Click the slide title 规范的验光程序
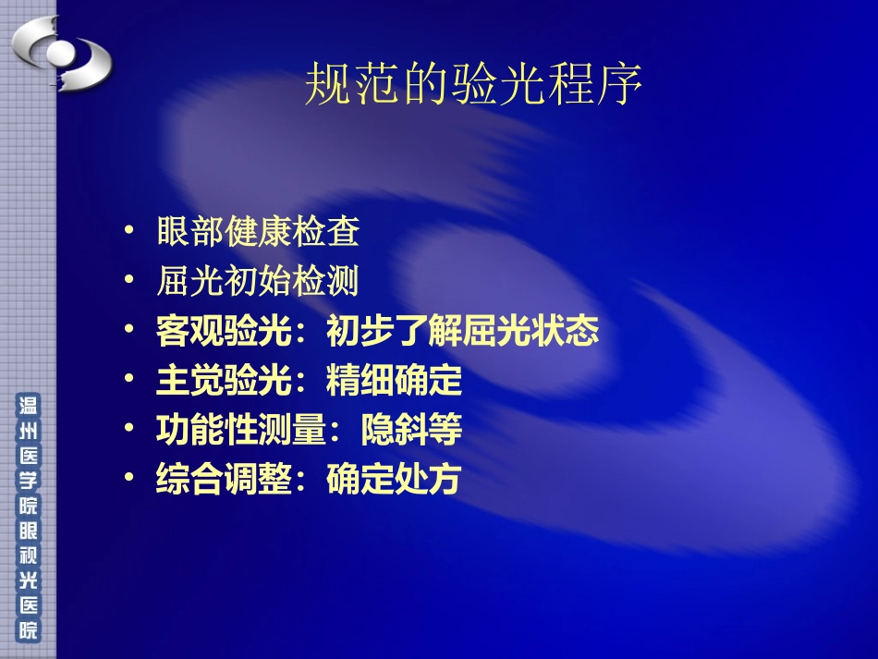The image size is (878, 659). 472,87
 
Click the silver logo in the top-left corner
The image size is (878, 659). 61,53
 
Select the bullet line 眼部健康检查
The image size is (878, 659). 258,232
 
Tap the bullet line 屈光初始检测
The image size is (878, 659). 258,282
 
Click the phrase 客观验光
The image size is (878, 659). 213,332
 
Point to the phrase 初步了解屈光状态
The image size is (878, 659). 463,332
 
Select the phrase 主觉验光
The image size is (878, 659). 213,381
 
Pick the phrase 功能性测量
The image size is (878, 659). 241,431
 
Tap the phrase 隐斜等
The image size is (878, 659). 410,431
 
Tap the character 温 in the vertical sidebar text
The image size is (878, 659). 29,406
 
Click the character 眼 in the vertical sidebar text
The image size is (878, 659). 29,532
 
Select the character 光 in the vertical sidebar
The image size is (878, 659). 29,582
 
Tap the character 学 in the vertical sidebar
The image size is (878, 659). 29,482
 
